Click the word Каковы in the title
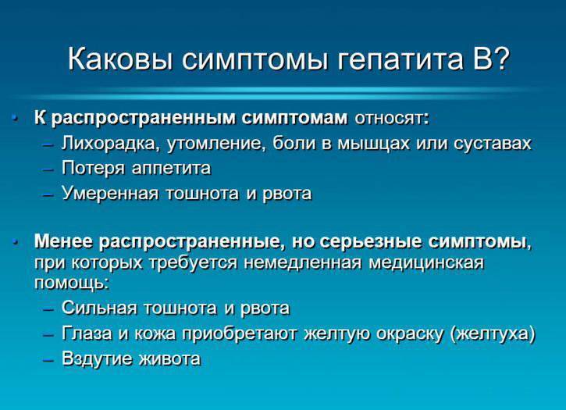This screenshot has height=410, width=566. click(x=120, y=59)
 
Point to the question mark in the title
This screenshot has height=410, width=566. click(x=500, y=58)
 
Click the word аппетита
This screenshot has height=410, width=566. click(x=171, y=169)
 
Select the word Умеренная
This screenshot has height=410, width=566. click(x=110, y=193)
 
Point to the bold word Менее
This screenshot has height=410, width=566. click(x=63, y=241)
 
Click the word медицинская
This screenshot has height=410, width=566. click(x=426, y=262)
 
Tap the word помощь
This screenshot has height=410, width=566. click(x=70, y=283)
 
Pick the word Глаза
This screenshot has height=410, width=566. click(x=87, y=333)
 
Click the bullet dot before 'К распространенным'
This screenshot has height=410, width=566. click(x=15, y=117)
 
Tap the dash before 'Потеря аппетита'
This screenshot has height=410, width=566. click(x=48, y=169)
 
